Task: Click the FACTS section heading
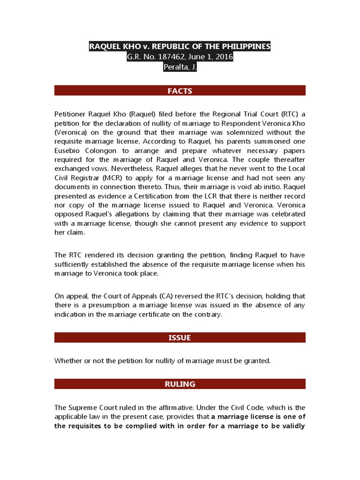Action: (180, 91)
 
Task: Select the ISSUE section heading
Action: (180, 337)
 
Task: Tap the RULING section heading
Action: (180, 384)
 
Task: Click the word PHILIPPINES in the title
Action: (244, 46)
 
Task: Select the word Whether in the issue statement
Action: (68, 360)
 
